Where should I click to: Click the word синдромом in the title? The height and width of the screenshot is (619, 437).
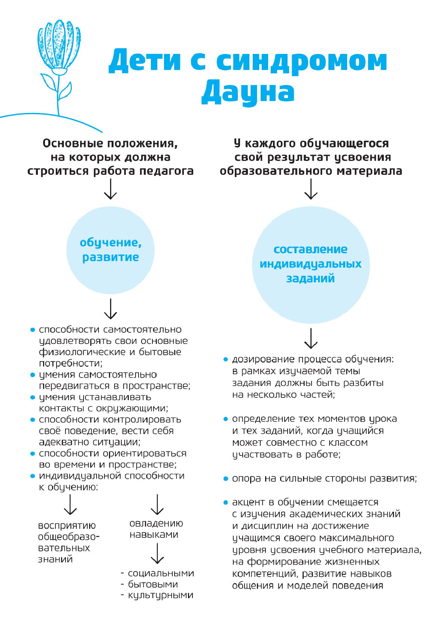tap(302, 61)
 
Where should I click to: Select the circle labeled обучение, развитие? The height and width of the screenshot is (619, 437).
tap(110, 250)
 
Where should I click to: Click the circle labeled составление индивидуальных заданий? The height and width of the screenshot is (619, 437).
tap(311, 265)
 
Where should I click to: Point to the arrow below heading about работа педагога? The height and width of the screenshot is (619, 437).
tap(110, 189)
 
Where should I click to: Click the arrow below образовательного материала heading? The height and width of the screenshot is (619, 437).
tap(311, 189)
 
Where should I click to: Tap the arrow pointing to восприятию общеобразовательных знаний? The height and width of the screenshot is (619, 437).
tap(70, 505)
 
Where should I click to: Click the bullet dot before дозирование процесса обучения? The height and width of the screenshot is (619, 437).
tap(225, 360)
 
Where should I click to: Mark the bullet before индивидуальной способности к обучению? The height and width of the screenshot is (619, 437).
tap(33, 476)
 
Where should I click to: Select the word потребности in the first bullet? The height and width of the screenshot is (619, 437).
tap(70, 363)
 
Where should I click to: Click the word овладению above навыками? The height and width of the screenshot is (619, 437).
tap(156, 524)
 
